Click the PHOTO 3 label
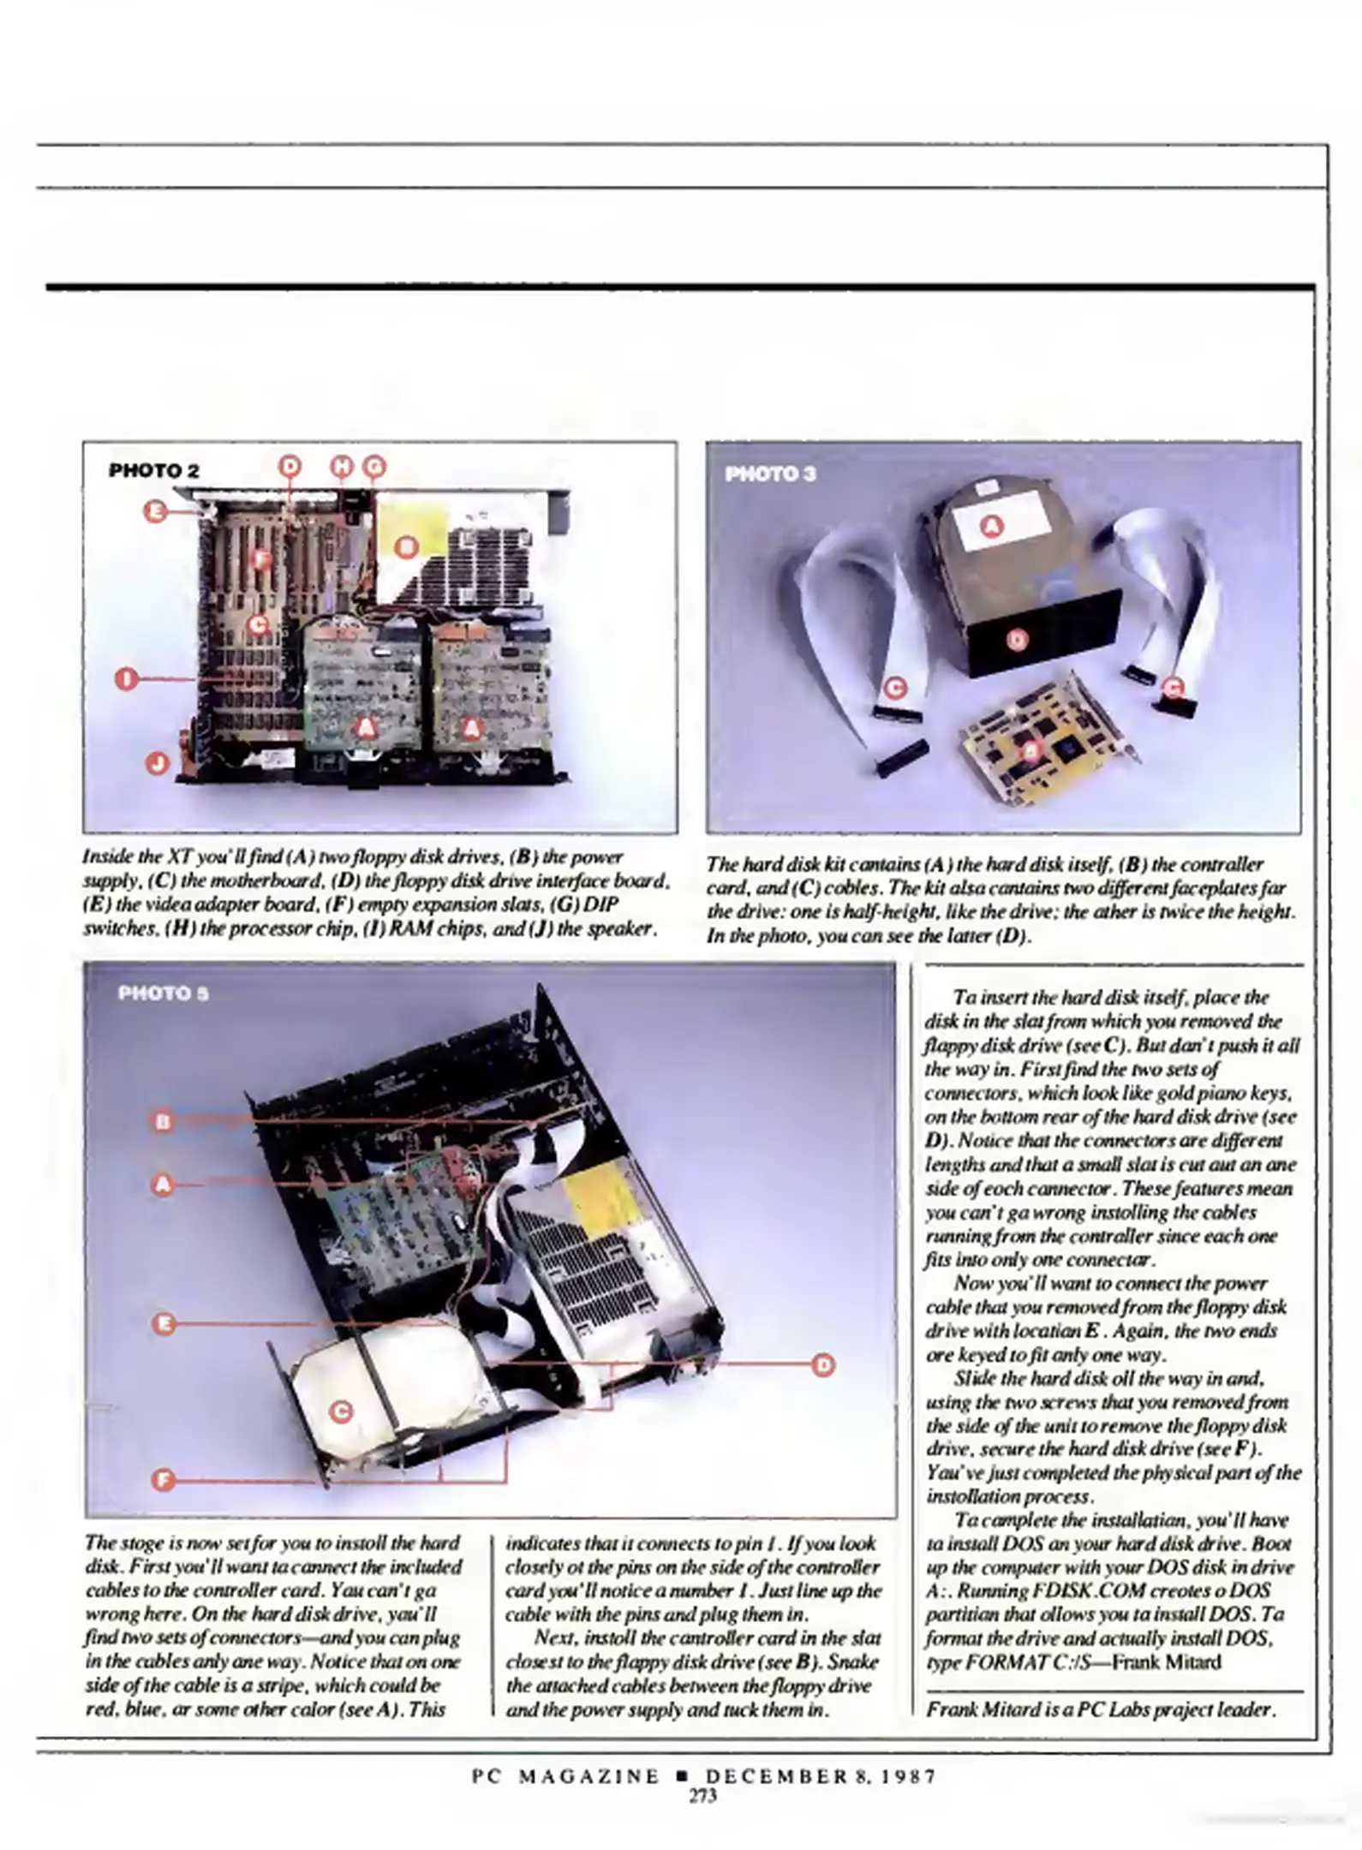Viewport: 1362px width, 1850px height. coord(771,474)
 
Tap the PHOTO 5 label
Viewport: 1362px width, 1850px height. coord(163,994)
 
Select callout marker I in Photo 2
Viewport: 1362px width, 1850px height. coord(127,679)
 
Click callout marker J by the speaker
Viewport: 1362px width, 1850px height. coord(156,761)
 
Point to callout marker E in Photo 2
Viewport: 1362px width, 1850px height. coord(155,512)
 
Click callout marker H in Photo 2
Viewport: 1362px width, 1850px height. coord(342,466)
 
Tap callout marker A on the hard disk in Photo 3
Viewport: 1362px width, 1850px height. coord(992,526)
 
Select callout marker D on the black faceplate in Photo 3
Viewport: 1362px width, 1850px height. coord(1015,640)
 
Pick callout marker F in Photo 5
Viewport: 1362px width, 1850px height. coord(163,1480)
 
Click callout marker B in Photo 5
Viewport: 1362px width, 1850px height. coord(163,1121)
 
